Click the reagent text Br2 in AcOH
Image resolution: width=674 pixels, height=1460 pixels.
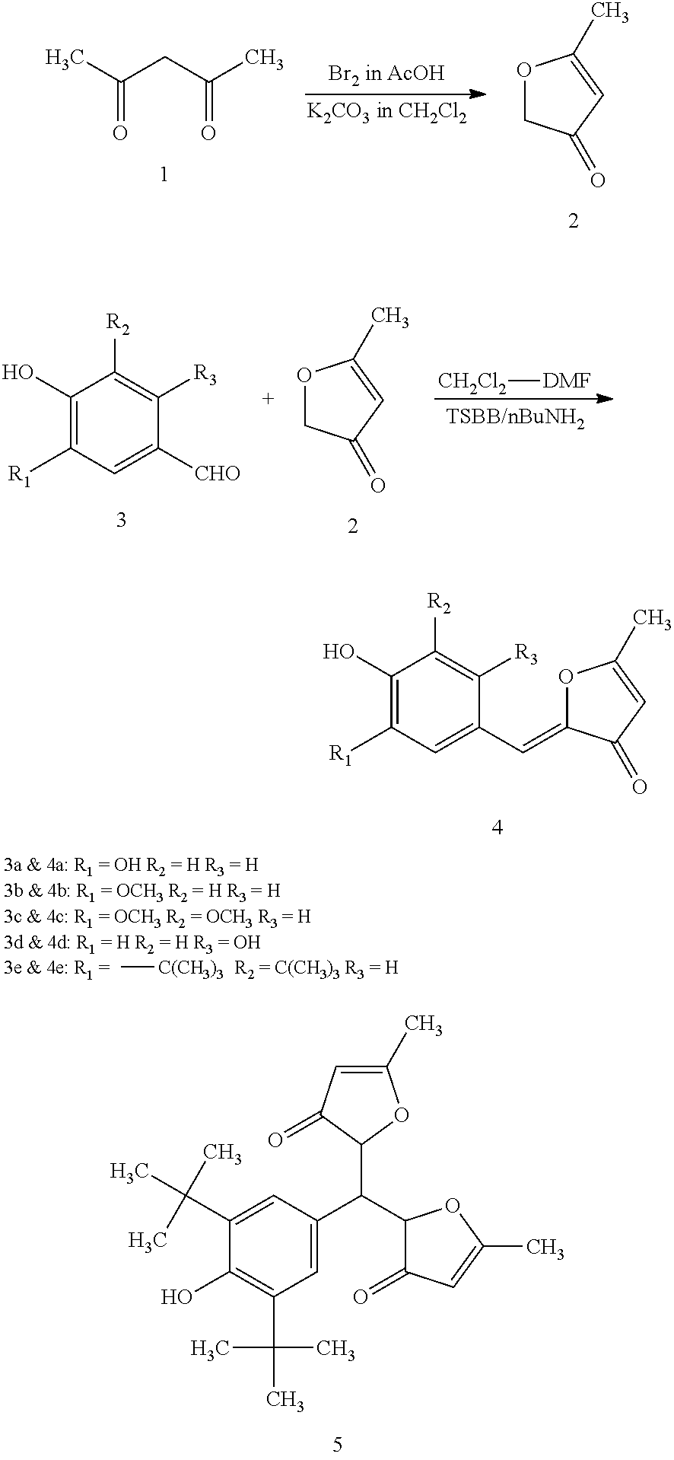point(386,74)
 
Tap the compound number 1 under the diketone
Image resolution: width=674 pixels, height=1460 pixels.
point(164,175)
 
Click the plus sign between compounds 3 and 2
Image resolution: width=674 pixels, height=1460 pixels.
point(268,398)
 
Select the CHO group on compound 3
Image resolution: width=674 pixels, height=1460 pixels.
point(218,473)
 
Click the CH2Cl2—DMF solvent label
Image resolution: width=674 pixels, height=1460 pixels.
point(513,381)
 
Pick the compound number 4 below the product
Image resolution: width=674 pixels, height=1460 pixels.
point(497,827)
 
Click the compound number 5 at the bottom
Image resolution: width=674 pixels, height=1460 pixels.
point(338,1443)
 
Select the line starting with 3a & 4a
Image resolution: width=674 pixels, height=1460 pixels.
point(131,865)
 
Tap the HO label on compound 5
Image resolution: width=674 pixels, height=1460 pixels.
point(176,1296)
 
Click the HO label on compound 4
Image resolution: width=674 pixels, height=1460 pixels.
point(339,652)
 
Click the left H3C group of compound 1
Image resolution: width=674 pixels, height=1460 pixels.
point(62,58)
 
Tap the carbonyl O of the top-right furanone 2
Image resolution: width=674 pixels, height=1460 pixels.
point(598,180)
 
